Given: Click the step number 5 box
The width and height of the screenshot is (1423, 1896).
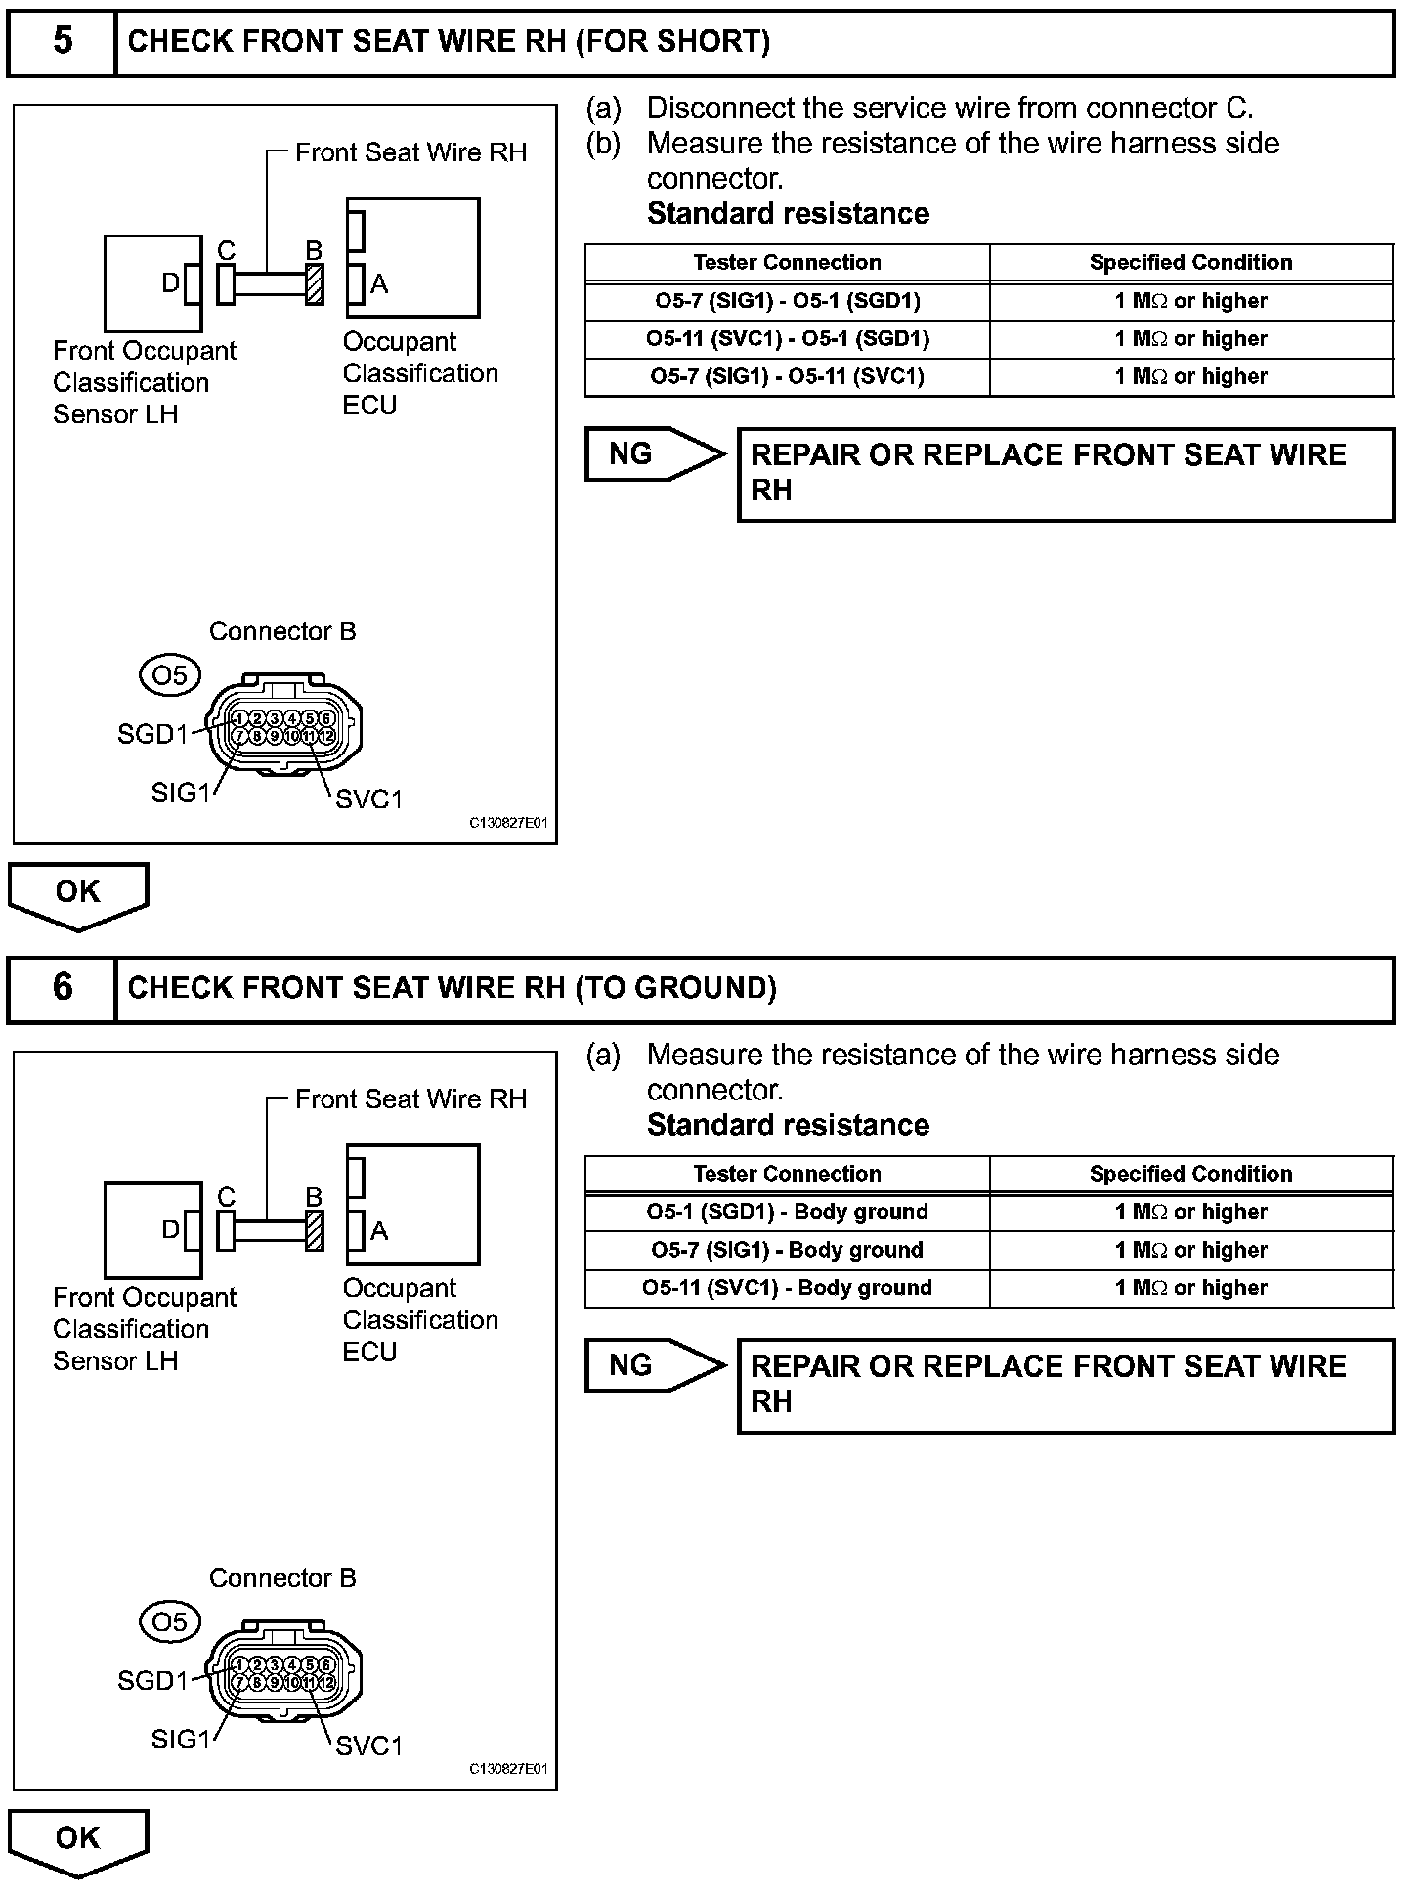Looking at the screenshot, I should point(62,42).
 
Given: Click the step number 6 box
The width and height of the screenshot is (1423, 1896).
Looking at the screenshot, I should point(62,988).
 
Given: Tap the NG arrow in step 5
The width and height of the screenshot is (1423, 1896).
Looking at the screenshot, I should point(652,454).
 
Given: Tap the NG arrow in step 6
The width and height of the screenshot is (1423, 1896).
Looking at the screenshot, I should point(652,1365).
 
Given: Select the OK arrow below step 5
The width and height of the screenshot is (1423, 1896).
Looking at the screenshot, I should point(78,893).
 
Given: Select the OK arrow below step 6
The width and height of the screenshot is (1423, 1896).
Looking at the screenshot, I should point(78,1839).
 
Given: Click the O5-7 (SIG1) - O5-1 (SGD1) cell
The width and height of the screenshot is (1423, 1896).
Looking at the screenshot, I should point(787,301).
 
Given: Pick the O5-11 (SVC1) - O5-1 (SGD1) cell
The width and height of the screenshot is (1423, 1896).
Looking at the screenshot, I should point(787,339).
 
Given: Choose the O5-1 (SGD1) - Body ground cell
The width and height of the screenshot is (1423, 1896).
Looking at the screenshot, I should point(787,1212).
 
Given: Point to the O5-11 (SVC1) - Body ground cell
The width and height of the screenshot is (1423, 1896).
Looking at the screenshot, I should point(787,1288).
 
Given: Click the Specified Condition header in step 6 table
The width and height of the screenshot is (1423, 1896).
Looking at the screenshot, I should point(1190,1174).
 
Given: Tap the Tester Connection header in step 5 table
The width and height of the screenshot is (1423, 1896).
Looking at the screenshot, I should point(787,263).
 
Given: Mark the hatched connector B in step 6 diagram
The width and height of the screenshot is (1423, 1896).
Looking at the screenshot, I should point(315,1231).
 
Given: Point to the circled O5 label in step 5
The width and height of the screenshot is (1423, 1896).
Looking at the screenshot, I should point(170,675).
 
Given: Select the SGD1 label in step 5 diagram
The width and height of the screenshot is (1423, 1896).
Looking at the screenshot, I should point(152,734).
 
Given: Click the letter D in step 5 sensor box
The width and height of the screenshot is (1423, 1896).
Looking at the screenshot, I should point(170,283).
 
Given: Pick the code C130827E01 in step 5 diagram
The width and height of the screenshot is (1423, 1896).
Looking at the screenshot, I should point(508,824).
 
